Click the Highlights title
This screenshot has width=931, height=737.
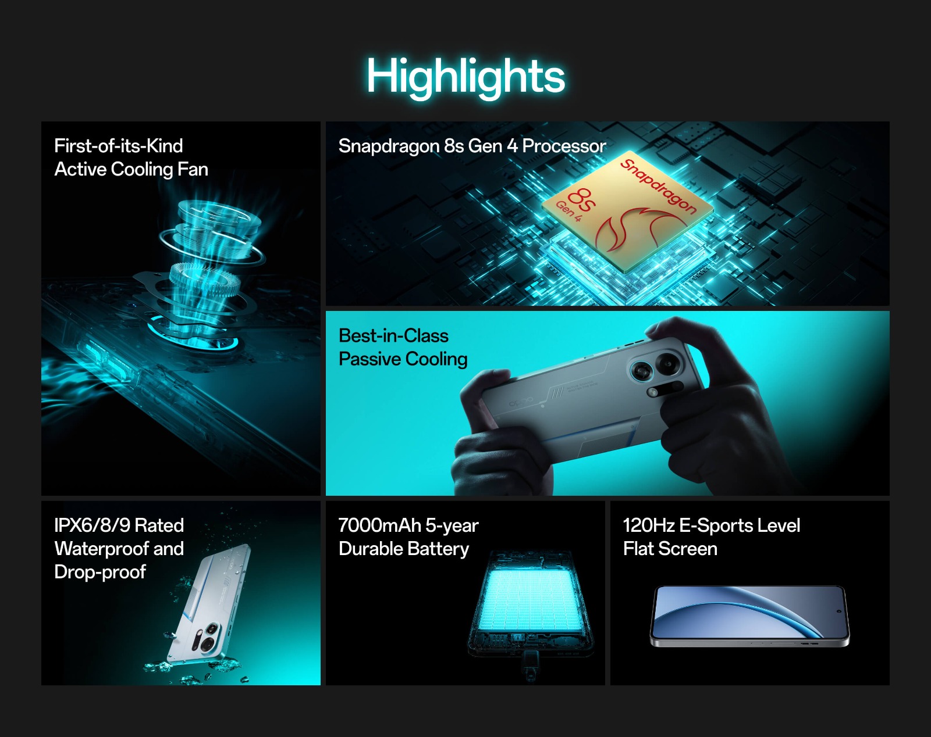pos(465,77)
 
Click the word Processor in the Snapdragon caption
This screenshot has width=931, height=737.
pos(564,146)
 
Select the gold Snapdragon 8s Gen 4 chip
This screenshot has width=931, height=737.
pos(627,212)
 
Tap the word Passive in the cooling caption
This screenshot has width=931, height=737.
pos(369,359)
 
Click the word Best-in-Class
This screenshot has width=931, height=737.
pos(394,336)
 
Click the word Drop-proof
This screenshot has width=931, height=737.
pos(100,573)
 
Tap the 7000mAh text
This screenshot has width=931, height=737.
pos(379,525)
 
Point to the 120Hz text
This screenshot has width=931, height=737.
pos(648,525)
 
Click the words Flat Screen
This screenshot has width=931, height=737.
pos(670,549)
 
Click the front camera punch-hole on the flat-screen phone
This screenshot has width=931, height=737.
pos(838,611)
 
